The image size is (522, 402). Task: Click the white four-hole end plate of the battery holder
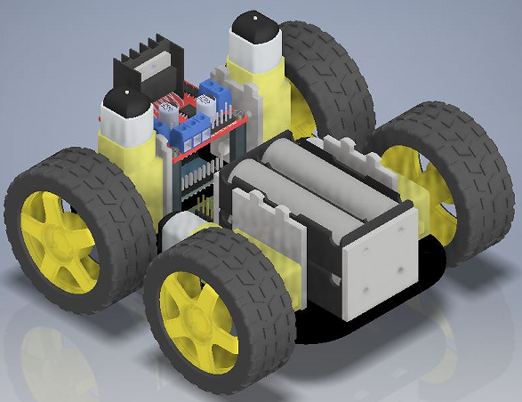click(379, 263)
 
